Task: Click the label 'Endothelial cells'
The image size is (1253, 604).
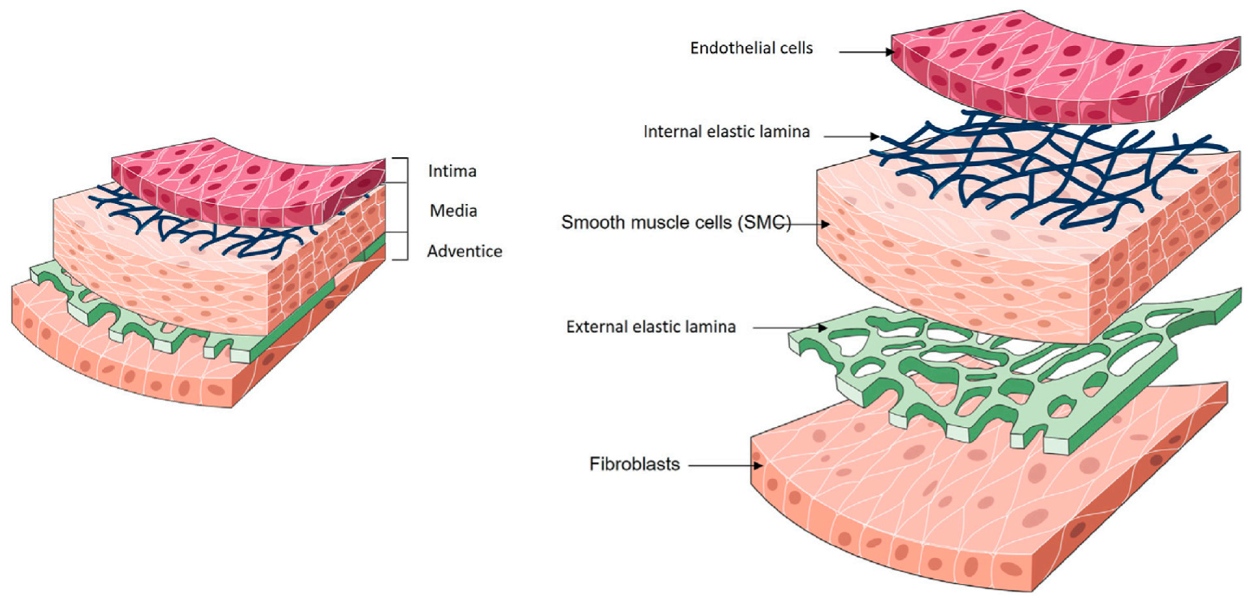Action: pyautogui.click(x=751, y=48)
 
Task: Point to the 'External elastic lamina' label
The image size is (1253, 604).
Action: pyautogui.click(x=650, y=327)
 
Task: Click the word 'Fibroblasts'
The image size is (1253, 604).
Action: pyautogui.click(x=634, y=465)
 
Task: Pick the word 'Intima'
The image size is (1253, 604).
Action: pyautogui.click(x=452, y=171)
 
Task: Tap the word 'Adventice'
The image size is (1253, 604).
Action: pyautogui.click(x=464, y=251)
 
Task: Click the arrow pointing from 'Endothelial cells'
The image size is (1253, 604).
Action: pyautogui.click(x=866, y=52)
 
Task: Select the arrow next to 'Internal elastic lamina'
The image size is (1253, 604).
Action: pyautogui.click(x=851, y=137)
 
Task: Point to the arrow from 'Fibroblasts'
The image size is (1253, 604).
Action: pyautogui.click(x=725, y=466)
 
